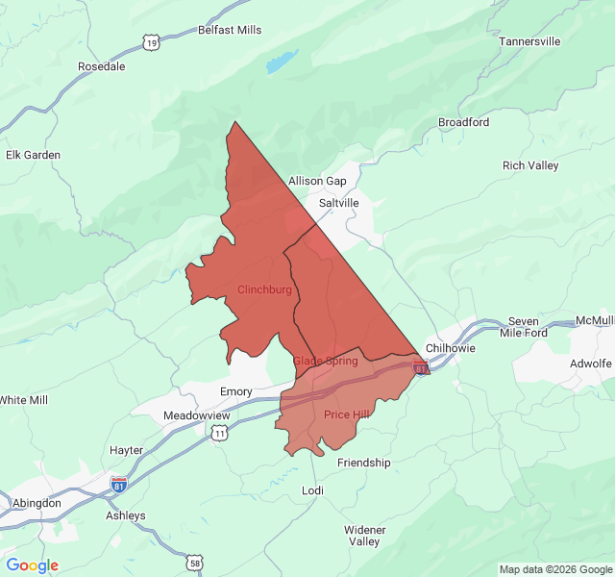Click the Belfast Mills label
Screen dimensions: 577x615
[230, 30]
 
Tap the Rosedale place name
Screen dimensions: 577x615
[102, 66]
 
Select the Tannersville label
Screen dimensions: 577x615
[529, 41]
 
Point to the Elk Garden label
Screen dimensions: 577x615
[33, 155]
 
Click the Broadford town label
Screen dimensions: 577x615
[463, 122]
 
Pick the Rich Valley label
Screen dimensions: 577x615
[529, 165]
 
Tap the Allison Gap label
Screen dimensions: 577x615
[317, 181]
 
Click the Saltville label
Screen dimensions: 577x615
[338, 203]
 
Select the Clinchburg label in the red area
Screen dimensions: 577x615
[264, 289]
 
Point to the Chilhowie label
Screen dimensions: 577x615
[450, 348]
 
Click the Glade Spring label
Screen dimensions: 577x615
[325, 361]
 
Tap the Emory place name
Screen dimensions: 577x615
[236, 391]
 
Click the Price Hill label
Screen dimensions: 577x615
[347, 414]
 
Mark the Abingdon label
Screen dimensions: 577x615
[37, 503]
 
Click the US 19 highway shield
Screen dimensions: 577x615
[151, 41]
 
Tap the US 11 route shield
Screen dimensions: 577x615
[220, 434]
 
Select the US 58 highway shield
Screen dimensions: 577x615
[196, 562]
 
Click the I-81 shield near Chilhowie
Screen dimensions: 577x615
[421, 366]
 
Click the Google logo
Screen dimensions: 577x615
[32, 565]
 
